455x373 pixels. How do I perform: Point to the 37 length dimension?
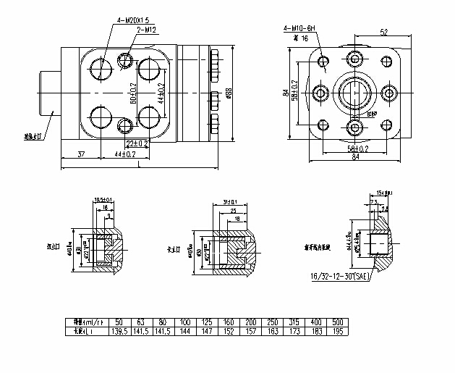point(80,154)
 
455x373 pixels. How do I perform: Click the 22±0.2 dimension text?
point(136,143)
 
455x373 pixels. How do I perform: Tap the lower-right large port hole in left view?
point(149,116)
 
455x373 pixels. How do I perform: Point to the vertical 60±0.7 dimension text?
point(133,93)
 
